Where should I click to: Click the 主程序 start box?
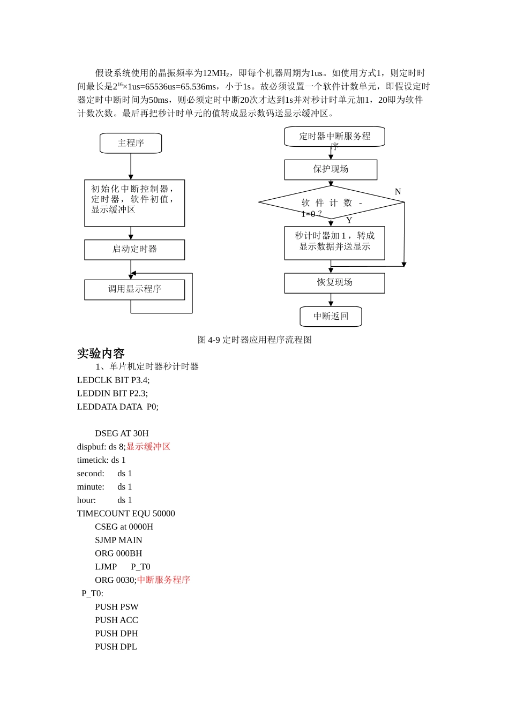click(131, 143)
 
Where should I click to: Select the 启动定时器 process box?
click(134, 250)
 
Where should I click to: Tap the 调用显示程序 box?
click(134, 289)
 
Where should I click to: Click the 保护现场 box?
click(331, 169)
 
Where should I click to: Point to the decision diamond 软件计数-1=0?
click(331, 202)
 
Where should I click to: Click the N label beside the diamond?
click(398, 192)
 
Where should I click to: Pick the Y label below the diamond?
click(349, 220)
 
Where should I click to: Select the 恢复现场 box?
click(334, 283)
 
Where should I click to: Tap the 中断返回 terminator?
click(331, 317)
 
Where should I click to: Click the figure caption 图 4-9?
click(254, 340)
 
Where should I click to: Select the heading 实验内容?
click(101, 354)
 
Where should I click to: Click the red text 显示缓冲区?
click(148, 447)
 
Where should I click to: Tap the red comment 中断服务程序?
click(164, 580)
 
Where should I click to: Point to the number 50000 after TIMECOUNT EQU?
click(164, 514)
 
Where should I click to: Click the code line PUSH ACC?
click(116, 620)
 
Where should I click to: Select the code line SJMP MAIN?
click(118, 540)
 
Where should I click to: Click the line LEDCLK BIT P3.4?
click(113, 380)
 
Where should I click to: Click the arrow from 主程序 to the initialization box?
click(131, 167)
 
